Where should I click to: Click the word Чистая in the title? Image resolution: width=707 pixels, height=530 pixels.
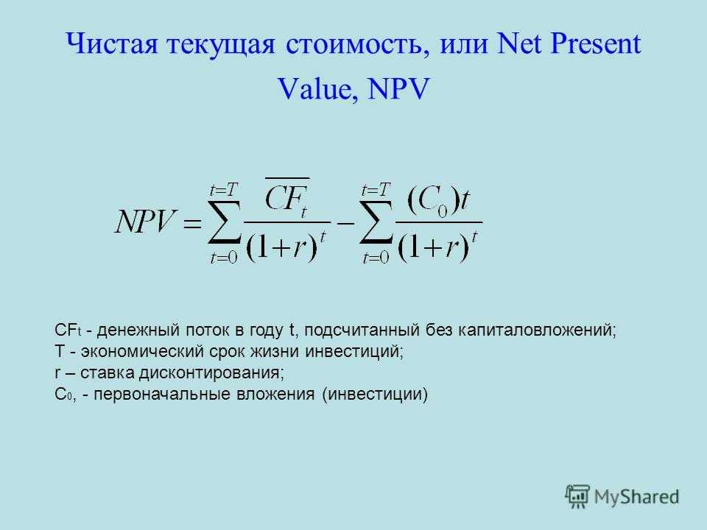[x=112, y=43]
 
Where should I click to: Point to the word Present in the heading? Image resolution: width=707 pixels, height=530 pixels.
[x=595, y=43]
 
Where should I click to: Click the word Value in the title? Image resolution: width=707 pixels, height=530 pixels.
[x=314, y=88]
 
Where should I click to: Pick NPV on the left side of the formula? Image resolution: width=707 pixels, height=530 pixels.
[x=145, y=222]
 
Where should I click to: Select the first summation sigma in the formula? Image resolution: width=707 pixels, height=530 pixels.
[x=225, y=222]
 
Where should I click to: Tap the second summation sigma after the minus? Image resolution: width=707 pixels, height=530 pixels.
[x=376, y=222]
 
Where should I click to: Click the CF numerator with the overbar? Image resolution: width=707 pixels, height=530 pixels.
[x=287, y=197]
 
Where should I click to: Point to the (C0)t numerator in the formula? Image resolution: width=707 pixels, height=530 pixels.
[x=439, y=201]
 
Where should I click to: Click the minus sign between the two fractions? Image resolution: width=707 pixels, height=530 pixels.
[x=345, y=223]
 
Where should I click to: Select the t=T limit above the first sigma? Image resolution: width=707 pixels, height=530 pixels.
[x=224, y=190]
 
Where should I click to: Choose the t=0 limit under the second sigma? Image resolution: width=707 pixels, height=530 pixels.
[x=376, y=258]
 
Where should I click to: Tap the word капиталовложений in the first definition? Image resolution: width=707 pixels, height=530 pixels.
[x=537, y=331]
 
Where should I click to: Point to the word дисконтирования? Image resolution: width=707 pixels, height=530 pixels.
[x=211, y=372]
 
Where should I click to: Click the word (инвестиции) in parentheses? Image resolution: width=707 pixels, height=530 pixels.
[x=375, y=395]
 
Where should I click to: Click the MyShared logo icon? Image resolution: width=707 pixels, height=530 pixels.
[x=577, y=497]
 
